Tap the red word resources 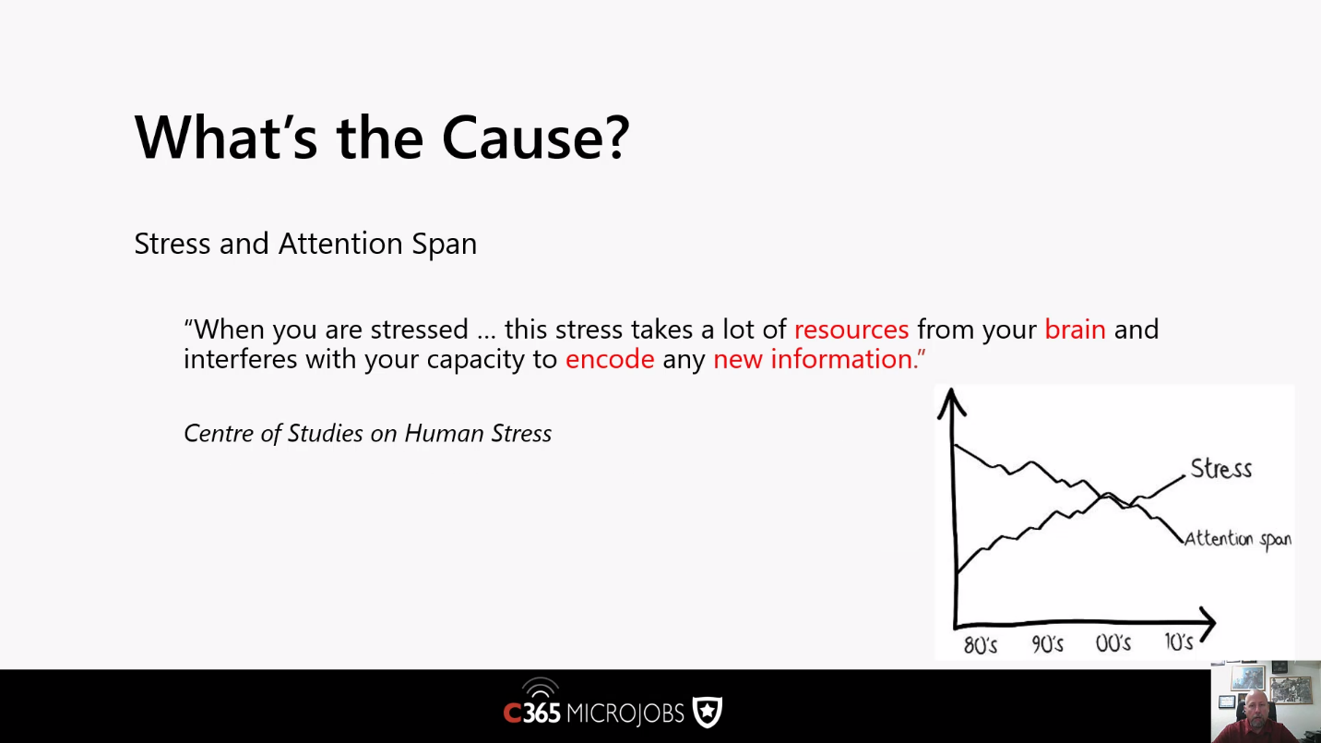coord(851,330)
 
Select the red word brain coord(1075,329)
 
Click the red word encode coord(610,359)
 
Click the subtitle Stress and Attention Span coord(305,244)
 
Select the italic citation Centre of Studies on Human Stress coord(367,433)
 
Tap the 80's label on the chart coord(980,644)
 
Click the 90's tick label coord(1048,644)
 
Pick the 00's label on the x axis coord(1113,642)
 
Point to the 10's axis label coord(1179,641)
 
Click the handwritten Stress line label coord(1220,469)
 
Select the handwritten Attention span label coord(1238,539)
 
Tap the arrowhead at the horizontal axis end coord(1206,623)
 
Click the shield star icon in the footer coord(708,712)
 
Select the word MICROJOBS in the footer coord(625,713)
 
